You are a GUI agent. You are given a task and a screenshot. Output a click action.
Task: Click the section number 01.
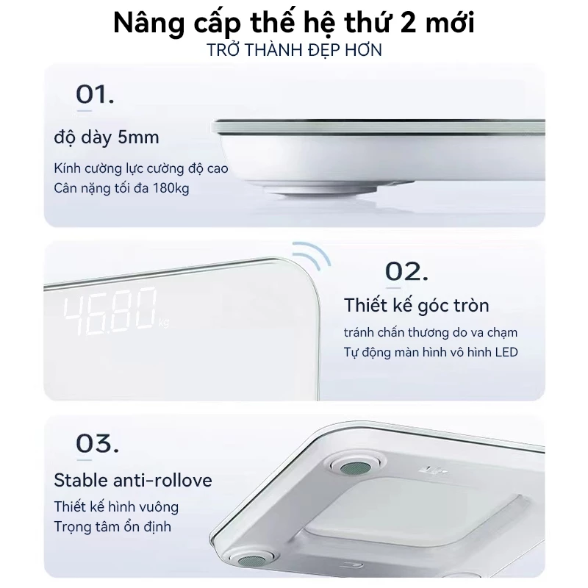pos(95,95)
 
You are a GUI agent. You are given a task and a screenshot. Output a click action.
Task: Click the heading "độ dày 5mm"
pos(107,137)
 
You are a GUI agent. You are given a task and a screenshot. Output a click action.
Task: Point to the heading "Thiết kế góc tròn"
pos(417,304)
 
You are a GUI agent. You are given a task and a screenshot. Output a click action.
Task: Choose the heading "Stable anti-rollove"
pos(133,481)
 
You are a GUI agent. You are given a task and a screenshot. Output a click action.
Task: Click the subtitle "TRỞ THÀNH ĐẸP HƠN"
pos(294,50)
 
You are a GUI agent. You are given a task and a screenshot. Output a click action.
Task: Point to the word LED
pos(506,352)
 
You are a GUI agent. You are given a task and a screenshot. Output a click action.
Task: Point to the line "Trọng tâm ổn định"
pos(113,527)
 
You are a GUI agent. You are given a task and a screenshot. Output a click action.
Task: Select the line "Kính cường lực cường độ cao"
pos(141,168)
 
